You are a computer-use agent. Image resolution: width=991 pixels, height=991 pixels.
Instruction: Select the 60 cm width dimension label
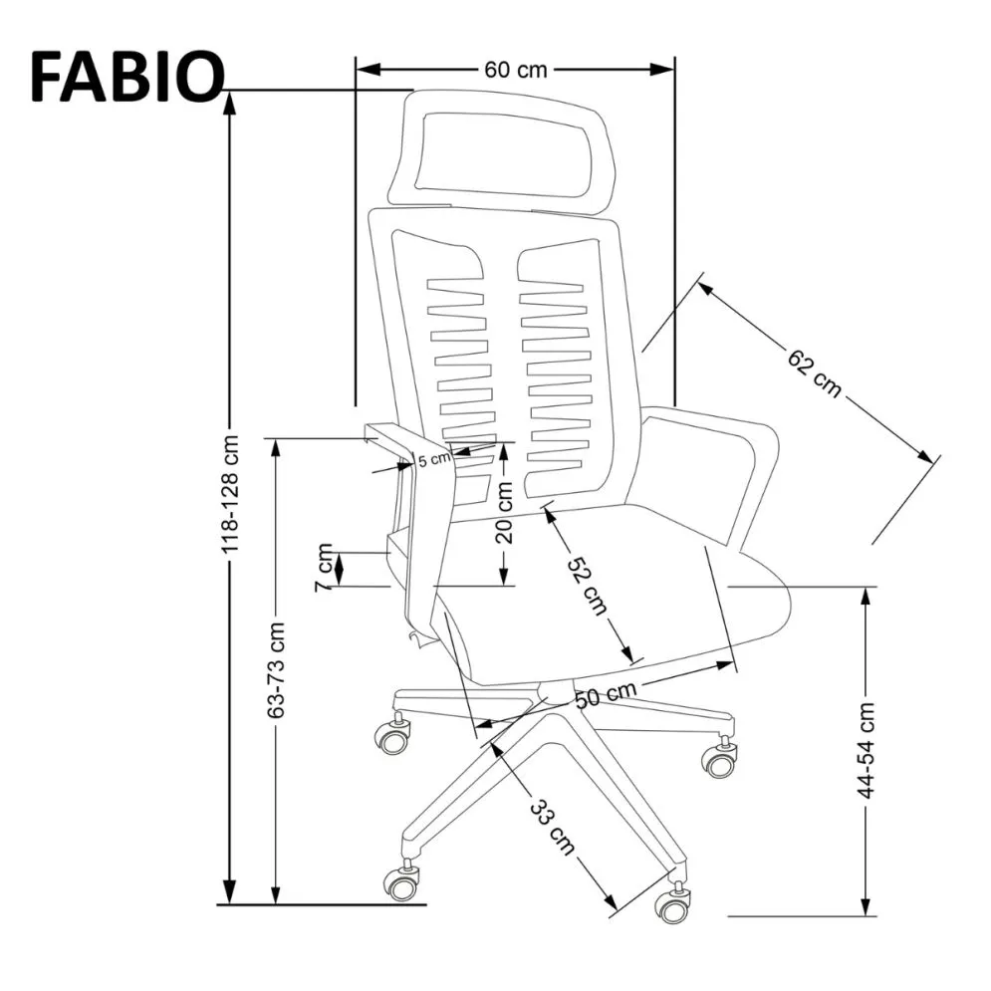pos(515,70)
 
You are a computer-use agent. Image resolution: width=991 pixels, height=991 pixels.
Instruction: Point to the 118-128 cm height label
pos(230,494)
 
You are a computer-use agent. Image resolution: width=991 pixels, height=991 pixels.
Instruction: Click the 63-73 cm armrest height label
pos(277,669)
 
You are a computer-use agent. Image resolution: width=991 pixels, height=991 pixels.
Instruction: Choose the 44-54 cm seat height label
pos(867,749)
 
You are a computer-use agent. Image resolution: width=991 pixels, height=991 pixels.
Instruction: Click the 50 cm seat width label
pos(605,694)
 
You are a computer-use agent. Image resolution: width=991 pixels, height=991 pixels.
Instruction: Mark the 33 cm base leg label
pos(553,825)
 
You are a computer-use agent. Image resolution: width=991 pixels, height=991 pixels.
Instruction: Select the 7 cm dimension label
pos(325,568)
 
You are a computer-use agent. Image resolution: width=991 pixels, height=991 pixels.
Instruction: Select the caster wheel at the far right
pos(719,760)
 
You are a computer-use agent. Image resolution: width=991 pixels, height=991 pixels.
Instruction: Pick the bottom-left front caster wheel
pos(402,881)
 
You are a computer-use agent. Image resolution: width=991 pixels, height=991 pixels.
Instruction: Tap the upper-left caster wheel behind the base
pos(392,735)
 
